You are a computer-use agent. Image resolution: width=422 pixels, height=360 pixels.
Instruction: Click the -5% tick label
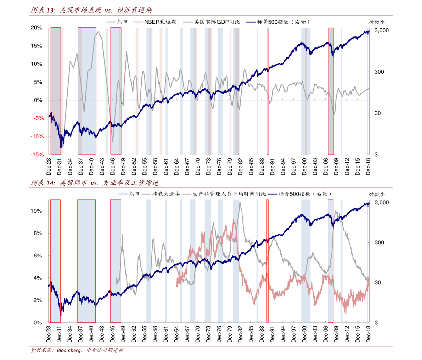click(x=39, y=118)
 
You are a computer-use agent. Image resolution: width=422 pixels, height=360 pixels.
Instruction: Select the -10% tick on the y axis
click(x=37, y=136)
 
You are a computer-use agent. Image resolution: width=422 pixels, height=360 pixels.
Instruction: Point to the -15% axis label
click(x=37, y=154)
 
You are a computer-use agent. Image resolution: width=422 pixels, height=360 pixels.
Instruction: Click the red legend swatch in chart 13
click(x=139, y=22)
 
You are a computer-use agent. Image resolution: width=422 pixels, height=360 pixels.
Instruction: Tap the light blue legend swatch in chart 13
click(x=111, y=22)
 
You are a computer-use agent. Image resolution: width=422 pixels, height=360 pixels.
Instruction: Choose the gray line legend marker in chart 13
click(x=188, y=22)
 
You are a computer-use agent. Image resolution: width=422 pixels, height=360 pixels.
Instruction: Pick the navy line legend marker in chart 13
click(x=251, y=22)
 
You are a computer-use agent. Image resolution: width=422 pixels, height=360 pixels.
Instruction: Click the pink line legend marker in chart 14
click(x=186, y=194)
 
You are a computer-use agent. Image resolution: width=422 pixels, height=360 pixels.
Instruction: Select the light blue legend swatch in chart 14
click(x=123, y=194)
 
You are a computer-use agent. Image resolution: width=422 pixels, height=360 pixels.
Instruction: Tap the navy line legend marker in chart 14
click(x=272, y=194)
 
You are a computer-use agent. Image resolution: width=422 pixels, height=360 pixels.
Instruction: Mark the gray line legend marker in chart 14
click(x=146, y=194)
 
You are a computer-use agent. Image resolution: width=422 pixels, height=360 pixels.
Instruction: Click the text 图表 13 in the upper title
click(x=43, y=10)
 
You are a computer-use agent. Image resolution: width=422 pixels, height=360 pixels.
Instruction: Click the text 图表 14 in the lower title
click(x=43, y=183)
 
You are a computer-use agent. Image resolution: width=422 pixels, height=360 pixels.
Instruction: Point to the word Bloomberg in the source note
click(x=69, y=350)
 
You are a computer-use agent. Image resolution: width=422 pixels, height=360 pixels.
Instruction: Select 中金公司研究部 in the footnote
click(x=105, y=350)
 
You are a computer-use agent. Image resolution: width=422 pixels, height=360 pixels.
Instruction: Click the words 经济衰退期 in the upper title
click(x=134, y=10)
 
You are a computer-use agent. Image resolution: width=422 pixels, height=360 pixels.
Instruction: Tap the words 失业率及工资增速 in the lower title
click(x=130, y=183)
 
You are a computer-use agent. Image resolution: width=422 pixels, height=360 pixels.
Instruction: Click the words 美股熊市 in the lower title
click(x=73, y=183)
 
